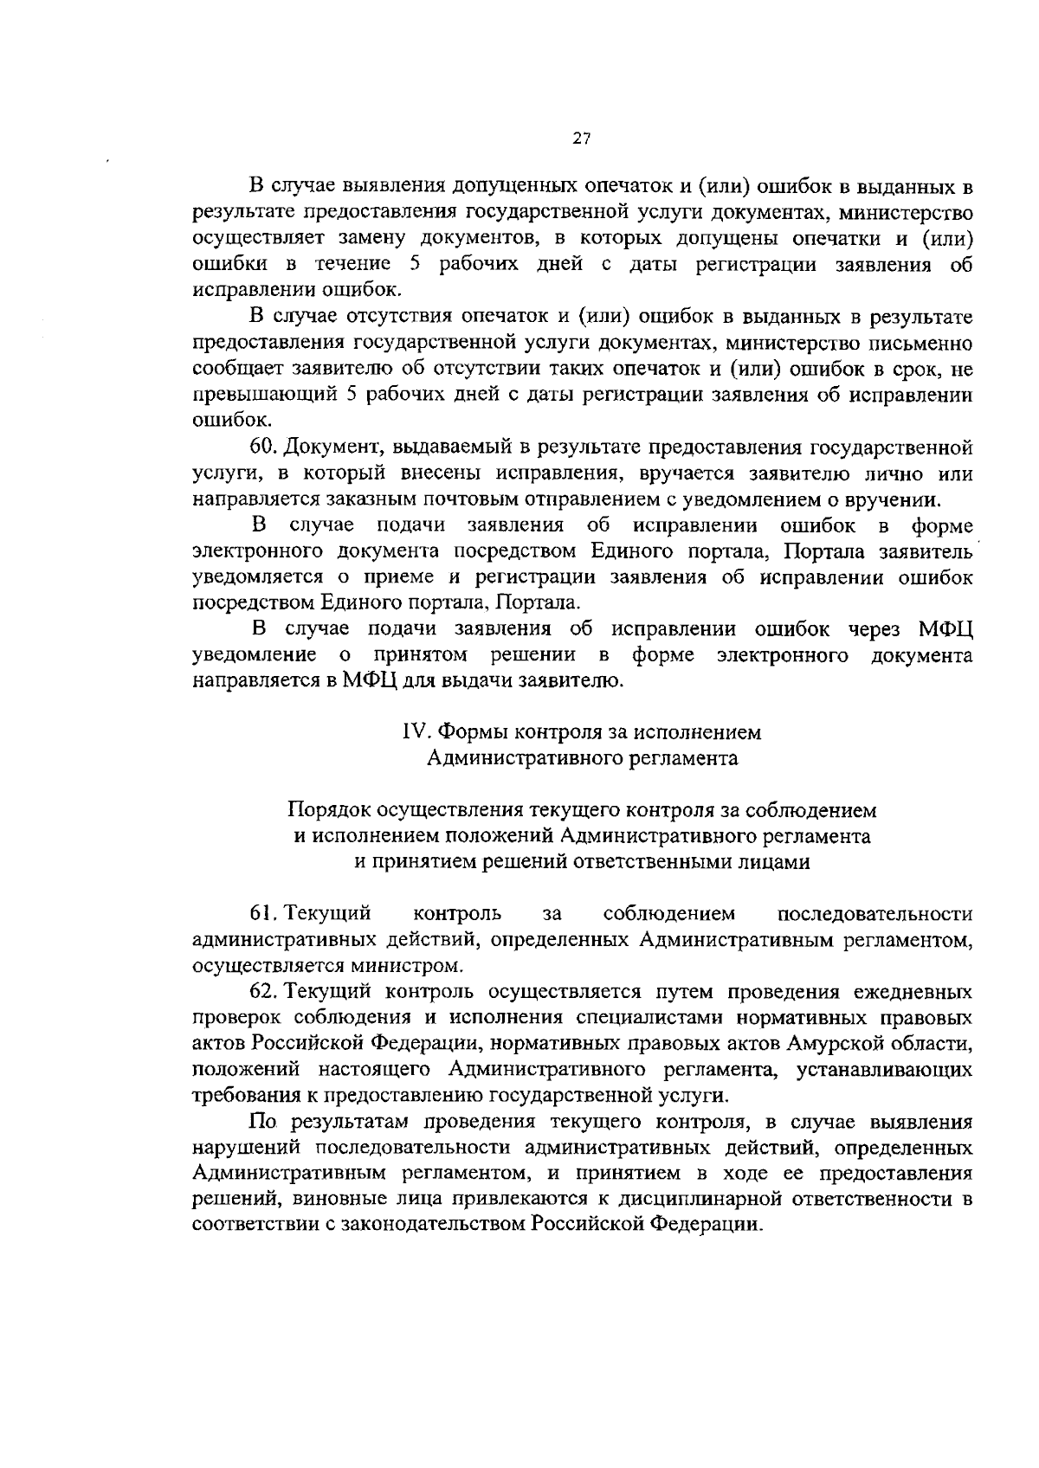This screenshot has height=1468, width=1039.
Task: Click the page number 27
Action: (x=581, y=138)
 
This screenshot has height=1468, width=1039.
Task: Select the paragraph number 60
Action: (x=262, y=447)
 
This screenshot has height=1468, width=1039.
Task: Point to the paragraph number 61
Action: (x=262, y=913)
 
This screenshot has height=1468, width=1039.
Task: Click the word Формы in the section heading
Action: (x=472, y=732)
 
